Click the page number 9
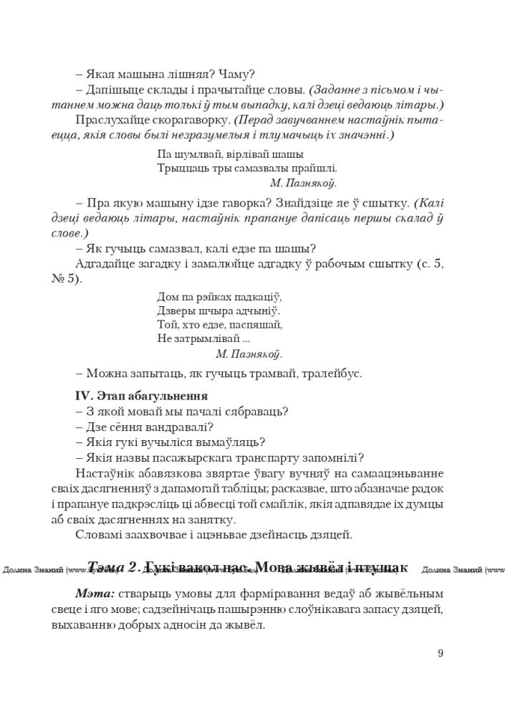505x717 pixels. point(440,652)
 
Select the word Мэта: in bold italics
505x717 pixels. point(95,594)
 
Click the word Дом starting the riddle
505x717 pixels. point(165,296)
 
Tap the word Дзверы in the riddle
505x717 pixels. point(170,310)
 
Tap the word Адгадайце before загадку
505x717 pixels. point(107,265)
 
